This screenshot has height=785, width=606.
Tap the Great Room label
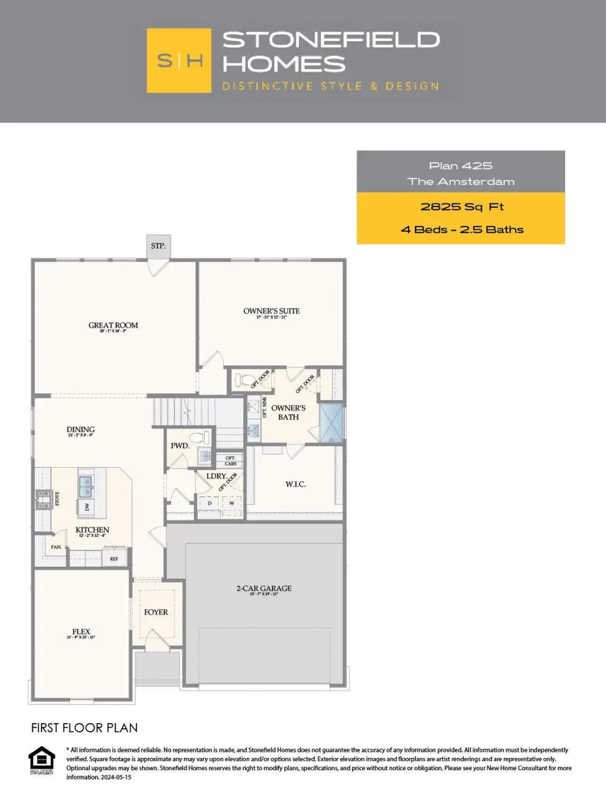[113, 326]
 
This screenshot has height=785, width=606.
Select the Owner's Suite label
[271, 311]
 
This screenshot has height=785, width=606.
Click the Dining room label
[80, 430]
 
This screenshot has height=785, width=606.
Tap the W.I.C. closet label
[296, 484]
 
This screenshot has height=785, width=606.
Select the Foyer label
[156, 612]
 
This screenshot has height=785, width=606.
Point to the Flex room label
[81, 632]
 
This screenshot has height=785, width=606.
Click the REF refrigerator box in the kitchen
[114, 558]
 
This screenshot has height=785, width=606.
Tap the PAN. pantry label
[56, 547]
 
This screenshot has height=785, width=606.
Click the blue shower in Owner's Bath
[331, 421]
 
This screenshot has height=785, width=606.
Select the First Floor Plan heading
[84, 728]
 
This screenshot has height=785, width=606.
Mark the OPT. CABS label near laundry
[230, 461]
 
